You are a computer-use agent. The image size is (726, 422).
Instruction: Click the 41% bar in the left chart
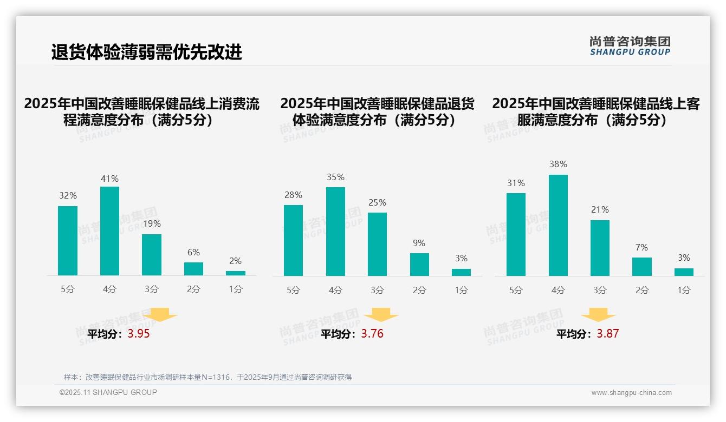[x=109, y=231]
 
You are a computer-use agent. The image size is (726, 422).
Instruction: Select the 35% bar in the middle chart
[x=335, y=232]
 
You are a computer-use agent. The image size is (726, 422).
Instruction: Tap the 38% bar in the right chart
[x=558, y=225]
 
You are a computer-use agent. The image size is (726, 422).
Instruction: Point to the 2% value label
[x=235, y=261]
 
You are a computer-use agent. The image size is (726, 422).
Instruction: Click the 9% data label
[x=419, y=243]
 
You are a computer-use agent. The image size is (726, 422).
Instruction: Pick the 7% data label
[x=641, y=247]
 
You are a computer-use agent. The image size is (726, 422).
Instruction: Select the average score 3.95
[x=139, y=334]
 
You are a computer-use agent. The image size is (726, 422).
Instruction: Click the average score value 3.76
[x=372, y=334]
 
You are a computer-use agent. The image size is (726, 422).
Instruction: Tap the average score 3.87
[x=607, y=334]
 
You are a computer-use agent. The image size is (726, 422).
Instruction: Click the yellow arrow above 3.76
[x=381, y=315]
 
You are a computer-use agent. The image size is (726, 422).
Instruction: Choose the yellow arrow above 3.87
[x=598, y=315]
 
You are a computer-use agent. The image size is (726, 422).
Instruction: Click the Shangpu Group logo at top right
[x=630, y=46]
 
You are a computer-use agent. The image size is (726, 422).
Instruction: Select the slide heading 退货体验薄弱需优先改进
[x=146, y=52]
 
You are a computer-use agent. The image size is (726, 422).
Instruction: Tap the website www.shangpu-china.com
[x=631, y=393]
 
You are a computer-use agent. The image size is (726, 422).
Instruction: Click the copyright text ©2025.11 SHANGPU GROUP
[x=108, y=392]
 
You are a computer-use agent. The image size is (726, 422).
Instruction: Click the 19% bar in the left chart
[x=152, y=255]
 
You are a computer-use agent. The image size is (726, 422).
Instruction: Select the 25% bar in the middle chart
[x=377, y=244]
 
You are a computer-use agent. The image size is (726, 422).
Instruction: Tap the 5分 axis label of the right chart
[x=516, y=290]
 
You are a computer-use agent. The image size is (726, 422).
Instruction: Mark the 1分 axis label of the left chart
[x=235, y=289]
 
